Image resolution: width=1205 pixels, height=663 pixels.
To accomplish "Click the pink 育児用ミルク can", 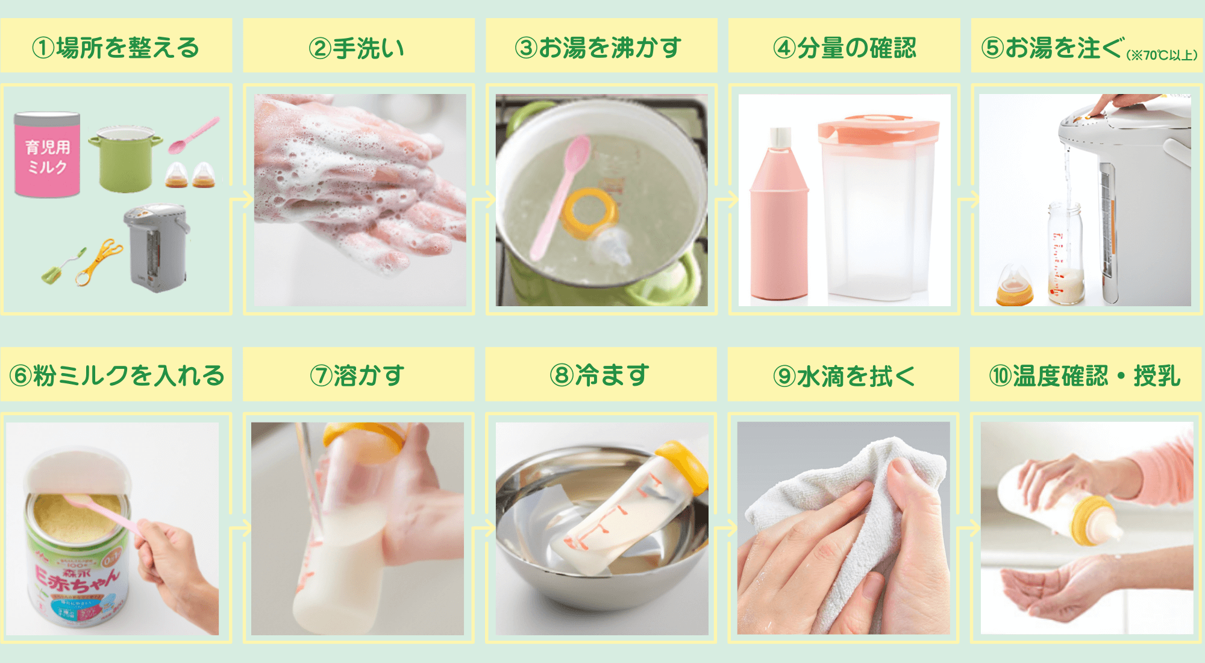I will click(47, 155).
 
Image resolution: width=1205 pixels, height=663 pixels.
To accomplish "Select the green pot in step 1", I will click(125, 160).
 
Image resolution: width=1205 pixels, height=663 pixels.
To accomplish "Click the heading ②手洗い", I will click(357, 48).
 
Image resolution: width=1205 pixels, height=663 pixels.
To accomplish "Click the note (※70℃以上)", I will click(1162, 55).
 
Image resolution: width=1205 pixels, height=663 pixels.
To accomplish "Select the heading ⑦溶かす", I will click(357, 375).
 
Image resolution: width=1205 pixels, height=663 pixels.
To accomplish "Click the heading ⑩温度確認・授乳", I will click(1084, 375).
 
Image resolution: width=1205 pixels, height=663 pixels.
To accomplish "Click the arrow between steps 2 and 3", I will click(482, 200).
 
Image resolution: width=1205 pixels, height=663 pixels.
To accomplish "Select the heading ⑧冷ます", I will click(600, 375).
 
